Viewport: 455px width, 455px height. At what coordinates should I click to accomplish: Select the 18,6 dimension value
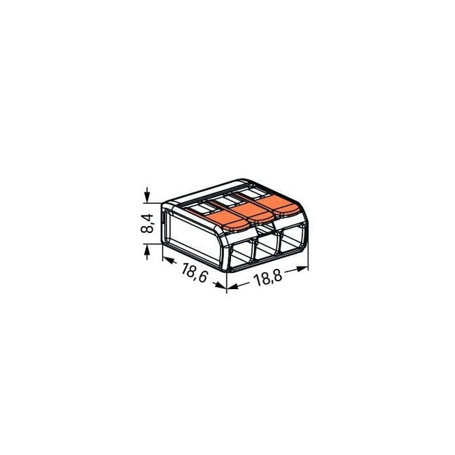(x=192, y=272)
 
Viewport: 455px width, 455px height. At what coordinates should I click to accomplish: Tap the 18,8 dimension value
(x=268, y=279)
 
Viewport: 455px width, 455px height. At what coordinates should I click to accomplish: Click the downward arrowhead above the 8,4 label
(x=148, y=197)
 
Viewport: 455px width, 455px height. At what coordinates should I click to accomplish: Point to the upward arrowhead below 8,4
(x=148, y=249)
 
